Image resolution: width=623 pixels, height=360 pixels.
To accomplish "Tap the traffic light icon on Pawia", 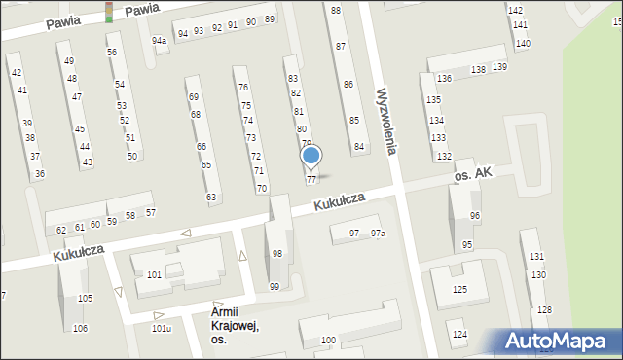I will click(109, 12).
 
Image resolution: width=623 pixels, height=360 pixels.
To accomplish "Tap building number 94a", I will click(159, 41).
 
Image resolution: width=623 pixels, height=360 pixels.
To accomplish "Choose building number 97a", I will click(378, 234).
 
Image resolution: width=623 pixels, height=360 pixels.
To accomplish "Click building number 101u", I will click(162, 328).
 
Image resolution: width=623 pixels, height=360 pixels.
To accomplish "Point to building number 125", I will click(459, 290).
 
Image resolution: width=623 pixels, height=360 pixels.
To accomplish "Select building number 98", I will click(277, 254).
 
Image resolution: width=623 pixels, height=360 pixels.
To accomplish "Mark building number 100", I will click(329, 340).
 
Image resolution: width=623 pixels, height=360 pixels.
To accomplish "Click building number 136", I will click(444, 78).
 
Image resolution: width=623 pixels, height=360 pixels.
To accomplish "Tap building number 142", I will click(515, 10).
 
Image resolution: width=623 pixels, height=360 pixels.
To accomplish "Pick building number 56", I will click(112, 52).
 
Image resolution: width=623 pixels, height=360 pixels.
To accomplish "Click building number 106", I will click(80, 328).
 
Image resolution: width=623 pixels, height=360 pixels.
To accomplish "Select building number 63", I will click(211, 198).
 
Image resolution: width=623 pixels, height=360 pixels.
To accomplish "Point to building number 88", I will click(336, 10).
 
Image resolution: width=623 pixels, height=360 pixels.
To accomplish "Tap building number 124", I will click(459, 335).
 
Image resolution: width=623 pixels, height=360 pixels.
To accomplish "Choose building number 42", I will click(16, 73).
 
